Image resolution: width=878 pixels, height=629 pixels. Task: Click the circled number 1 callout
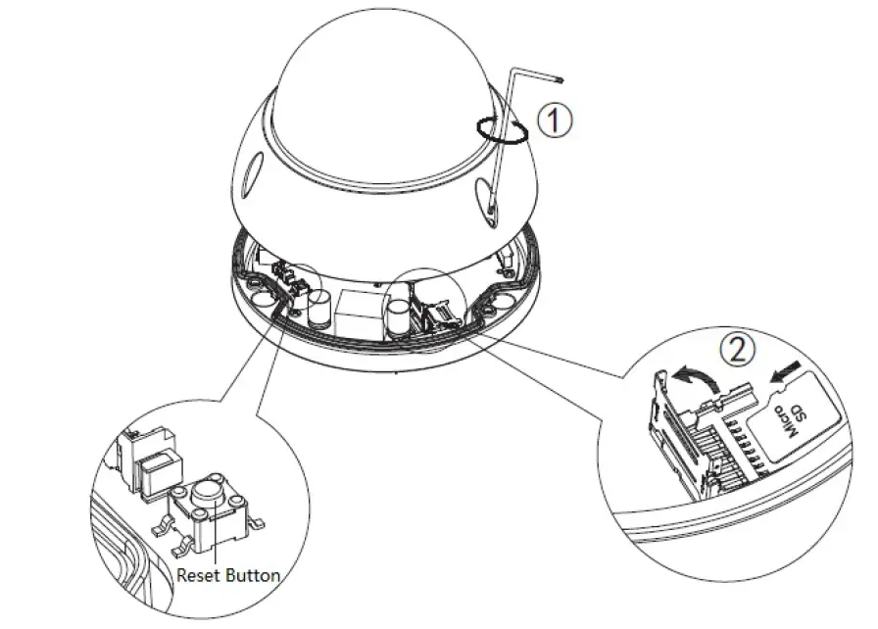(x=554, y=121)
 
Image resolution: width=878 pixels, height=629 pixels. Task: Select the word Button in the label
(x=253, y=575)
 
